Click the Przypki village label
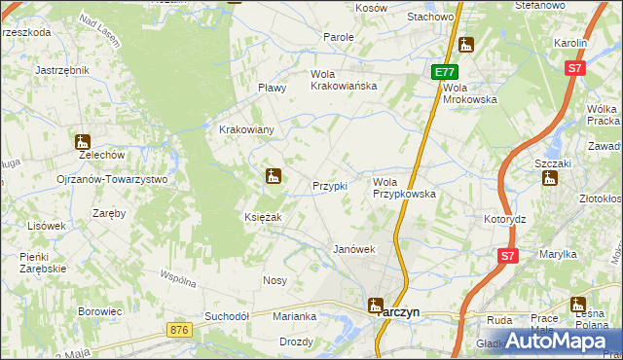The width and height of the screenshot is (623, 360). coord(329,186)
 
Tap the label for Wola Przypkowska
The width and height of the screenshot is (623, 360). coord(404,188)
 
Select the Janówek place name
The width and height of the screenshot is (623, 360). coord(354,249)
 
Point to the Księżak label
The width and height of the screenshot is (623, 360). coord(263,217)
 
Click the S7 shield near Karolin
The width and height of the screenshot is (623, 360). coord(576,68)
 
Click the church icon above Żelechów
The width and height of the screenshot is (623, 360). coord(82,142)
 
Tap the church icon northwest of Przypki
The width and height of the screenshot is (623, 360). coord(274,176)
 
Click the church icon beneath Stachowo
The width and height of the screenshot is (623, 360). coord(466,45)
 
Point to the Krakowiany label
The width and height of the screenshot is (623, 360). coord(246,129)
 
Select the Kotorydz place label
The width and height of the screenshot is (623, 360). coord(504,219)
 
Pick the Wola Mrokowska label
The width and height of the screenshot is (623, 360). coord(469,92)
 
